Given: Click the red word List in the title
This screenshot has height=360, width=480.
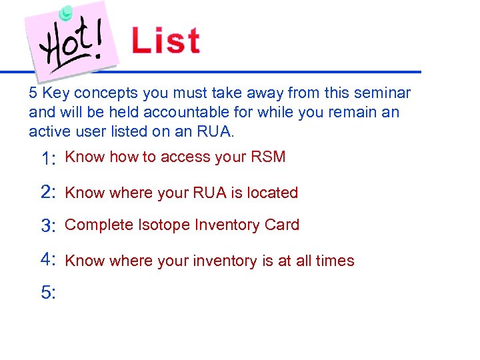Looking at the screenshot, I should click(x=166, y=40).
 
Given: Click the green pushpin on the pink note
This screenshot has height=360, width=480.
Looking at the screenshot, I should click(x=65, y=13).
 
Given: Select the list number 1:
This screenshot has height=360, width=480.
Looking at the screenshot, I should click(x=48, y=159).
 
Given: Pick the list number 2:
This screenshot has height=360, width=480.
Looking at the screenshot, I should click(x=48, y=193).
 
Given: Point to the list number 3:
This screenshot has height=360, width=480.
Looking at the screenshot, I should click(x=48, y=226).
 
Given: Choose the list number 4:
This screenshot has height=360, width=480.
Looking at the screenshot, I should click(x=48, y=259).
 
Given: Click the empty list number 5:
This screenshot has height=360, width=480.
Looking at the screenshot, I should click(x=48, y=292).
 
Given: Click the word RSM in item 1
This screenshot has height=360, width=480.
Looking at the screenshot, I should click(x=268, y=157).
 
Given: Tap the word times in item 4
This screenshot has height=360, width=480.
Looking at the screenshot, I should click(x=336, y=261).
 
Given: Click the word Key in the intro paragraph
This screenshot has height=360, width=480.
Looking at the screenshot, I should click(x=53, y=93).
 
